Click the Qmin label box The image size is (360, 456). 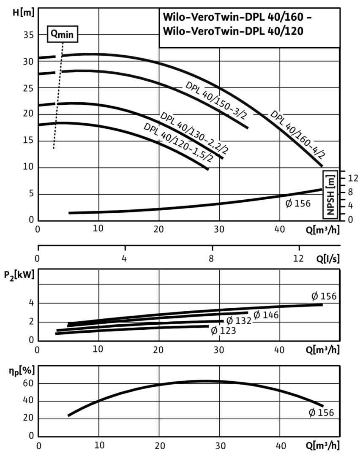(62, 35)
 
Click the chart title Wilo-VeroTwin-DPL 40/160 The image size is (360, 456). (237, 19)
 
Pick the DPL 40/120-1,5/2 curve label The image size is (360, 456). (177, 145)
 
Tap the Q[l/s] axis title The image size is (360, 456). (326, 258)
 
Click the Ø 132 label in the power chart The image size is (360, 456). (239, 321)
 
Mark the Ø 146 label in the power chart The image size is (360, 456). (266, 315)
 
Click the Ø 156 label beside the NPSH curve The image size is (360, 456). (298, 204)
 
